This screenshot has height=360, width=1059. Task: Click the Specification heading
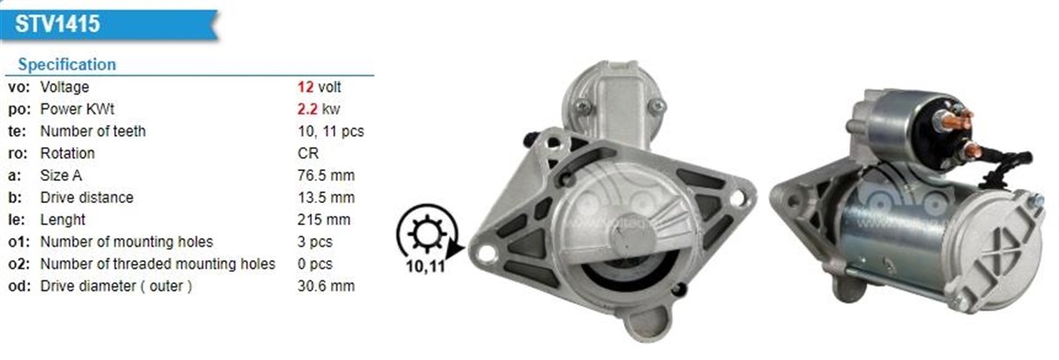coord(66,64)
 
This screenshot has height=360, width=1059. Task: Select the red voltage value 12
coord(305,87)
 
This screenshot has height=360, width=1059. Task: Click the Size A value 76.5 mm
coord(326,176)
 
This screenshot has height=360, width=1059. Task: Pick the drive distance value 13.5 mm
coord(326,198)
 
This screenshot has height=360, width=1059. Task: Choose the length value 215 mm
coord(324,220)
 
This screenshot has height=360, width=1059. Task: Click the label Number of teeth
coord(93,131)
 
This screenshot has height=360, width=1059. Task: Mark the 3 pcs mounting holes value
coord(316,242)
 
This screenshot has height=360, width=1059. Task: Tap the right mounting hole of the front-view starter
coord(737,199)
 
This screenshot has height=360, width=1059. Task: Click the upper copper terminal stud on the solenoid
coord(964,118)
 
